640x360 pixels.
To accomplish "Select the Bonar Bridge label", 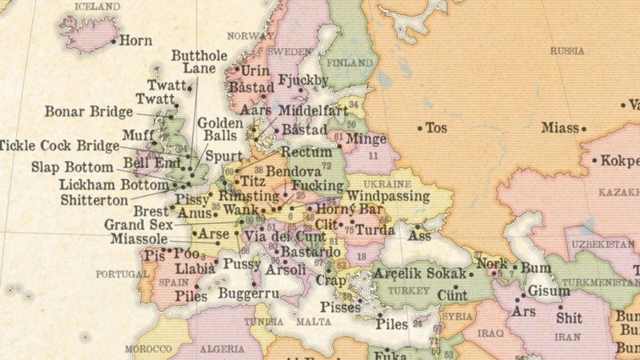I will click(x=89, y=111).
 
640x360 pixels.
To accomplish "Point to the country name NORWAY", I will click(x=250, y=36).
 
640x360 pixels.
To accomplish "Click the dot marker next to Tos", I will click(x=419, y=127).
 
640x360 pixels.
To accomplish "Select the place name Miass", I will click(x=558, y=127).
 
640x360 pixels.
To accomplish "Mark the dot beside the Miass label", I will click(x=583, y=128).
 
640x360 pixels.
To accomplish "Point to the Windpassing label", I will click(x=387, y=196).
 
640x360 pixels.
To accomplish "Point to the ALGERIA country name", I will click(x=222, y=350).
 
